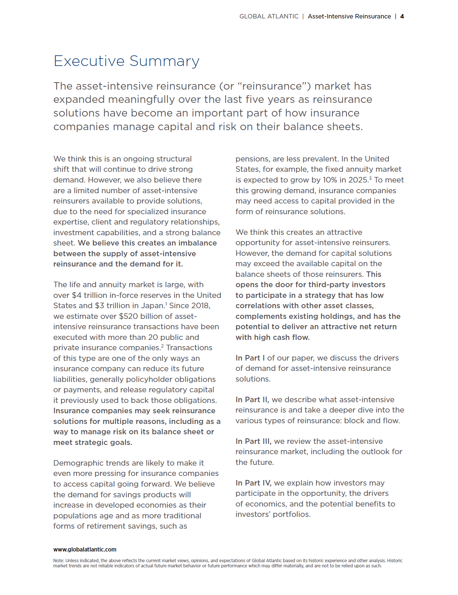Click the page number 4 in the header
[402, 16]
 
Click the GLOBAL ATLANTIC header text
[269, 16]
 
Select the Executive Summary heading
[126, 61]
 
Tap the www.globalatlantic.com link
[85, 549]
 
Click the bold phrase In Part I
[250, 358]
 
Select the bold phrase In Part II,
[252, 400]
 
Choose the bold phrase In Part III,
[253, 441]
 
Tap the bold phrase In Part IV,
[253, 483]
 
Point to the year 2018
[200, 306]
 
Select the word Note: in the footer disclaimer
[59, 561]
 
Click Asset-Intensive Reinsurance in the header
[349, 16]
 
